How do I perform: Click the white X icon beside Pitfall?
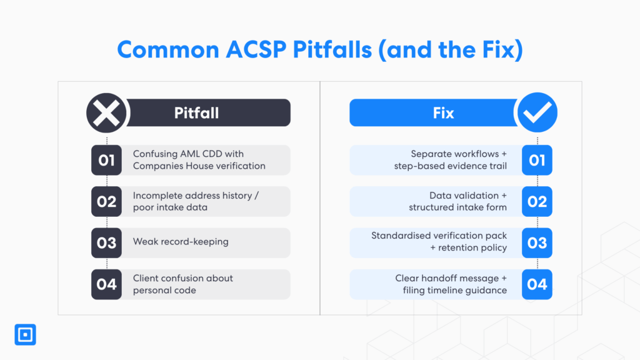click(106, 113)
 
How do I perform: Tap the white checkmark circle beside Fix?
click(537, 112)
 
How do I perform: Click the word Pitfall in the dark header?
click(196, 113)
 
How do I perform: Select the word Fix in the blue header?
click(443, 113)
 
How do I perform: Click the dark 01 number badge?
click(106, 160)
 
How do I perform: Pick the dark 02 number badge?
click(106, 202)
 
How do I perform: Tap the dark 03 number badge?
click(106, 243)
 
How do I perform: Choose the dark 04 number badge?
click(106, 284)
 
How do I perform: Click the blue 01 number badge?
click(537, 160)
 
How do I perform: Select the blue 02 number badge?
click(537, 202)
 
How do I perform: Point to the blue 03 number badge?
click(537, 243)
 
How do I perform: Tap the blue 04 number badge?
click(537, 284)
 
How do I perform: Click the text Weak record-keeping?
click(181, 242)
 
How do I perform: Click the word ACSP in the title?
click(256, 50)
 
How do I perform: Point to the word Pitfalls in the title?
click(332, 50)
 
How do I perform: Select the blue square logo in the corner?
click(25, 335)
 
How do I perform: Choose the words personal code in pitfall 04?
click(164, 291)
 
